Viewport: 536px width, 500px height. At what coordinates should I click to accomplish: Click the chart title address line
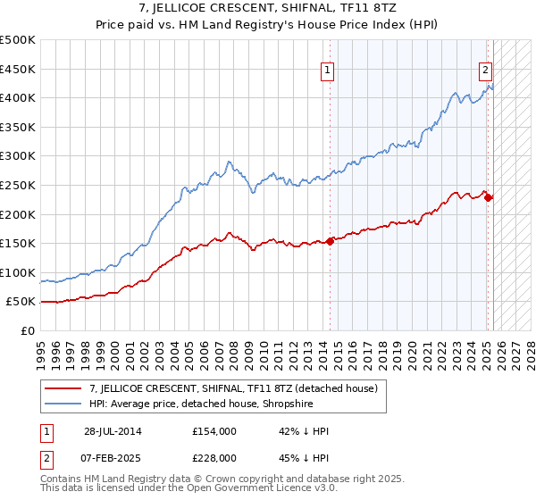(268, 8)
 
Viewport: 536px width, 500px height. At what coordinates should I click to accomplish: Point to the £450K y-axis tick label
(18, 69)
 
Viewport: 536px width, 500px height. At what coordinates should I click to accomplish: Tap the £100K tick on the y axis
(18, 272)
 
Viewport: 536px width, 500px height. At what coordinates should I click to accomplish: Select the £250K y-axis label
(18, 185)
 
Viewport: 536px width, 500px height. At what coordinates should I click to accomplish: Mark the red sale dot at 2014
(331, 240)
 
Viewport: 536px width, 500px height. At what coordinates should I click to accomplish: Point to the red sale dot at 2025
(489, 197)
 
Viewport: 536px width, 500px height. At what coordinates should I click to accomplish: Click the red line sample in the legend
(64, 388)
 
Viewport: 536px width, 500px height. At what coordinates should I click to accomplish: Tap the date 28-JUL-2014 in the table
(112, 431)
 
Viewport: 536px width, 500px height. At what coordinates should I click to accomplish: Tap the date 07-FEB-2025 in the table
(112, 457)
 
